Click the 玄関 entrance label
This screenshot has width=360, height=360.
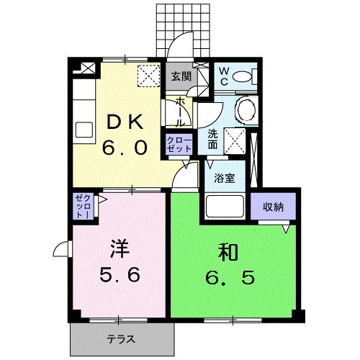[x=180, y=76]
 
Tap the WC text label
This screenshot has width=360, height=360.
[x=225, y=76]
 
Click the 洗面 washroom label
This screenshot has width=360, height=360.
[x=214, y=138]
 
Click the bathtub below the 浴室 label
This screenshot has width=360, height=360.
[x=225, y=207]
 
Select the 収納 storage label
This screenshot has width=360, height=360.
[x=274, y=206]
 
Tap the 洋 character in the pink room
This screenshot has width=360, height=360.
[x=119, y=248]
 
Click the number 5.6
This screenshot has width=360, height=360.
[x=120, y=275]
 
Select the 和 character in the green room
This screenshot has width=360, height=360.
[x=228, y=252]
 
